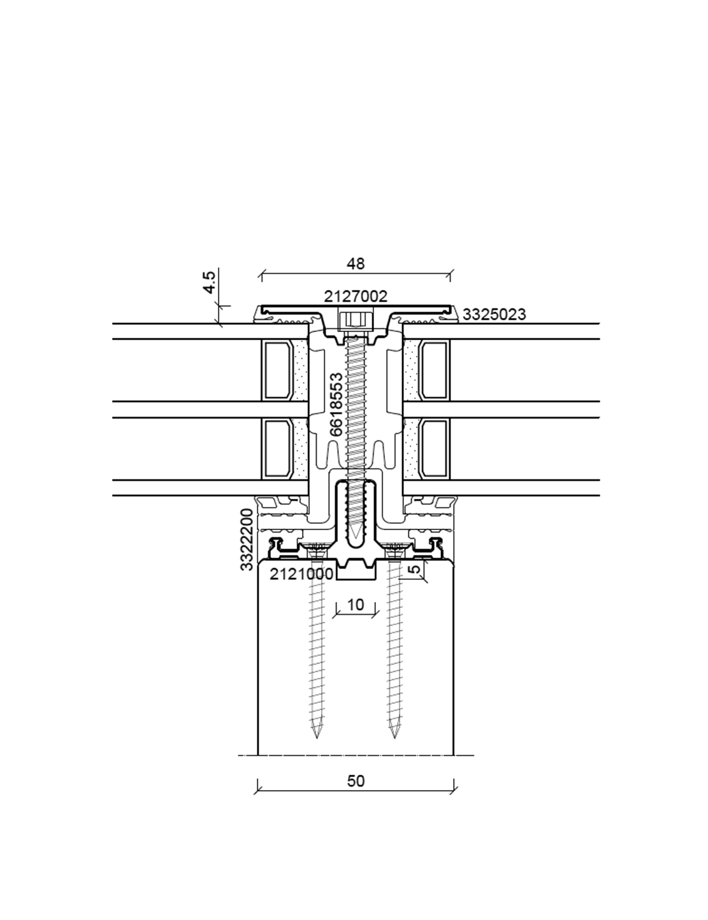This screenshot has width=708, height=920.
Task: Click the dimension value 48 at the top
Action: (355, 264)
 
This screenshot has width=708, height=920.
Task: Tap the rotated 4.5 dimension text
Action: (210, 282)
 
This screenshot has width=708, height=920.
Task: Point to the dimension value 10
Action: (355, 605)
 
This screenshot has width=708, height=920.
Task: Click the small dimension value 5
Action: (416, 568)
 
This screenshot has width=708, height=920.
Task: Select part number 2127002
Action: (356, 296)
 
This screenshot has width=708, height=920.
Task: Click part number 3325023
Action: (494, 315)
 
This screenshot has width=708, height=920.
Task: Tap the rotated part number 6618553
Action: (336, 405)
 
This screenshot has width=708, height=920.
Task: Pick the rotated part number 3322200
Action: (247, 540)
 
